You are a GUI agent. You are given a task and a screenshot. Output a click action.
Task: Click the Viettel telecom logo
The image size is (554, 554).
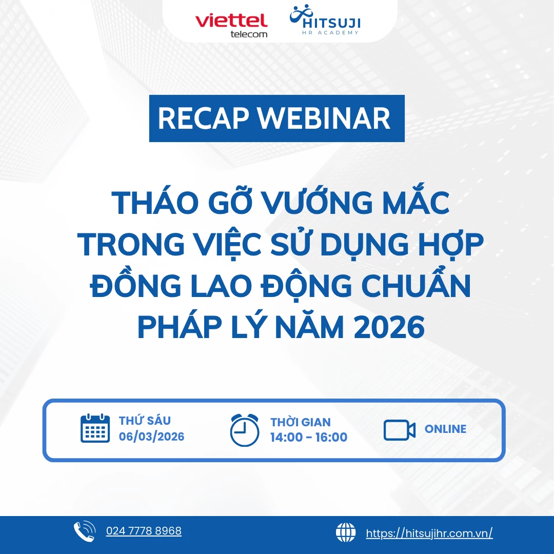click(231, 25)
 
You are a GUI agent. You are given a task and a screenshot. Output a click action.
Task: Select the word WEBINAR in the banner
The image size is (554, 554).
click(324, 118)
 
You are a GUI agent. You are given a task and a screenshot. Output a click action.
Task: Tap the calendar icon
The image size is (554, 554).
click(95, 429)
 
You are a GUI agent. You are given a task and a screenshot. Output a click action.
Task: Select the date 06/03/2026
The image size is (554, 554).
click(151, 437)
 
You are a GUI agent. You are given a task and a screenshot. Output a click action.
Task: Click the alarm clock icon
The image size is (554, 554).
click(245, 430)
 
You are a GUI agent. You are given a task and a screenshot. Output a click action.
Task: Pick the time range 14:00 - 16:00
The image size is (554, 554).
click(309, 438)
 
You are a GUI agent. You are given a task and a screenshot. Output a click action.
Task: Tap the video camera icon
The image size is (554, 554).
click(400, 430)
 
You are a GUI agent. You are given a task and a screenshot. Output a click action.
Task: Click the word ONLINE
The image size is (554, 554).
click(445, 429)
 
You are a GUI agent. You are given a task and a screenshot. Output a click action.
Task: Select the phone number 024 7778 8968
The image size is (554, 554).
click(144, 531)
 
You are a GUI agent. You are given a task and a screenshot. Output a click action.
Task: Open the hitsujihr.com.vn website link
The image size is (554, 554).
click(429, 533)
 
